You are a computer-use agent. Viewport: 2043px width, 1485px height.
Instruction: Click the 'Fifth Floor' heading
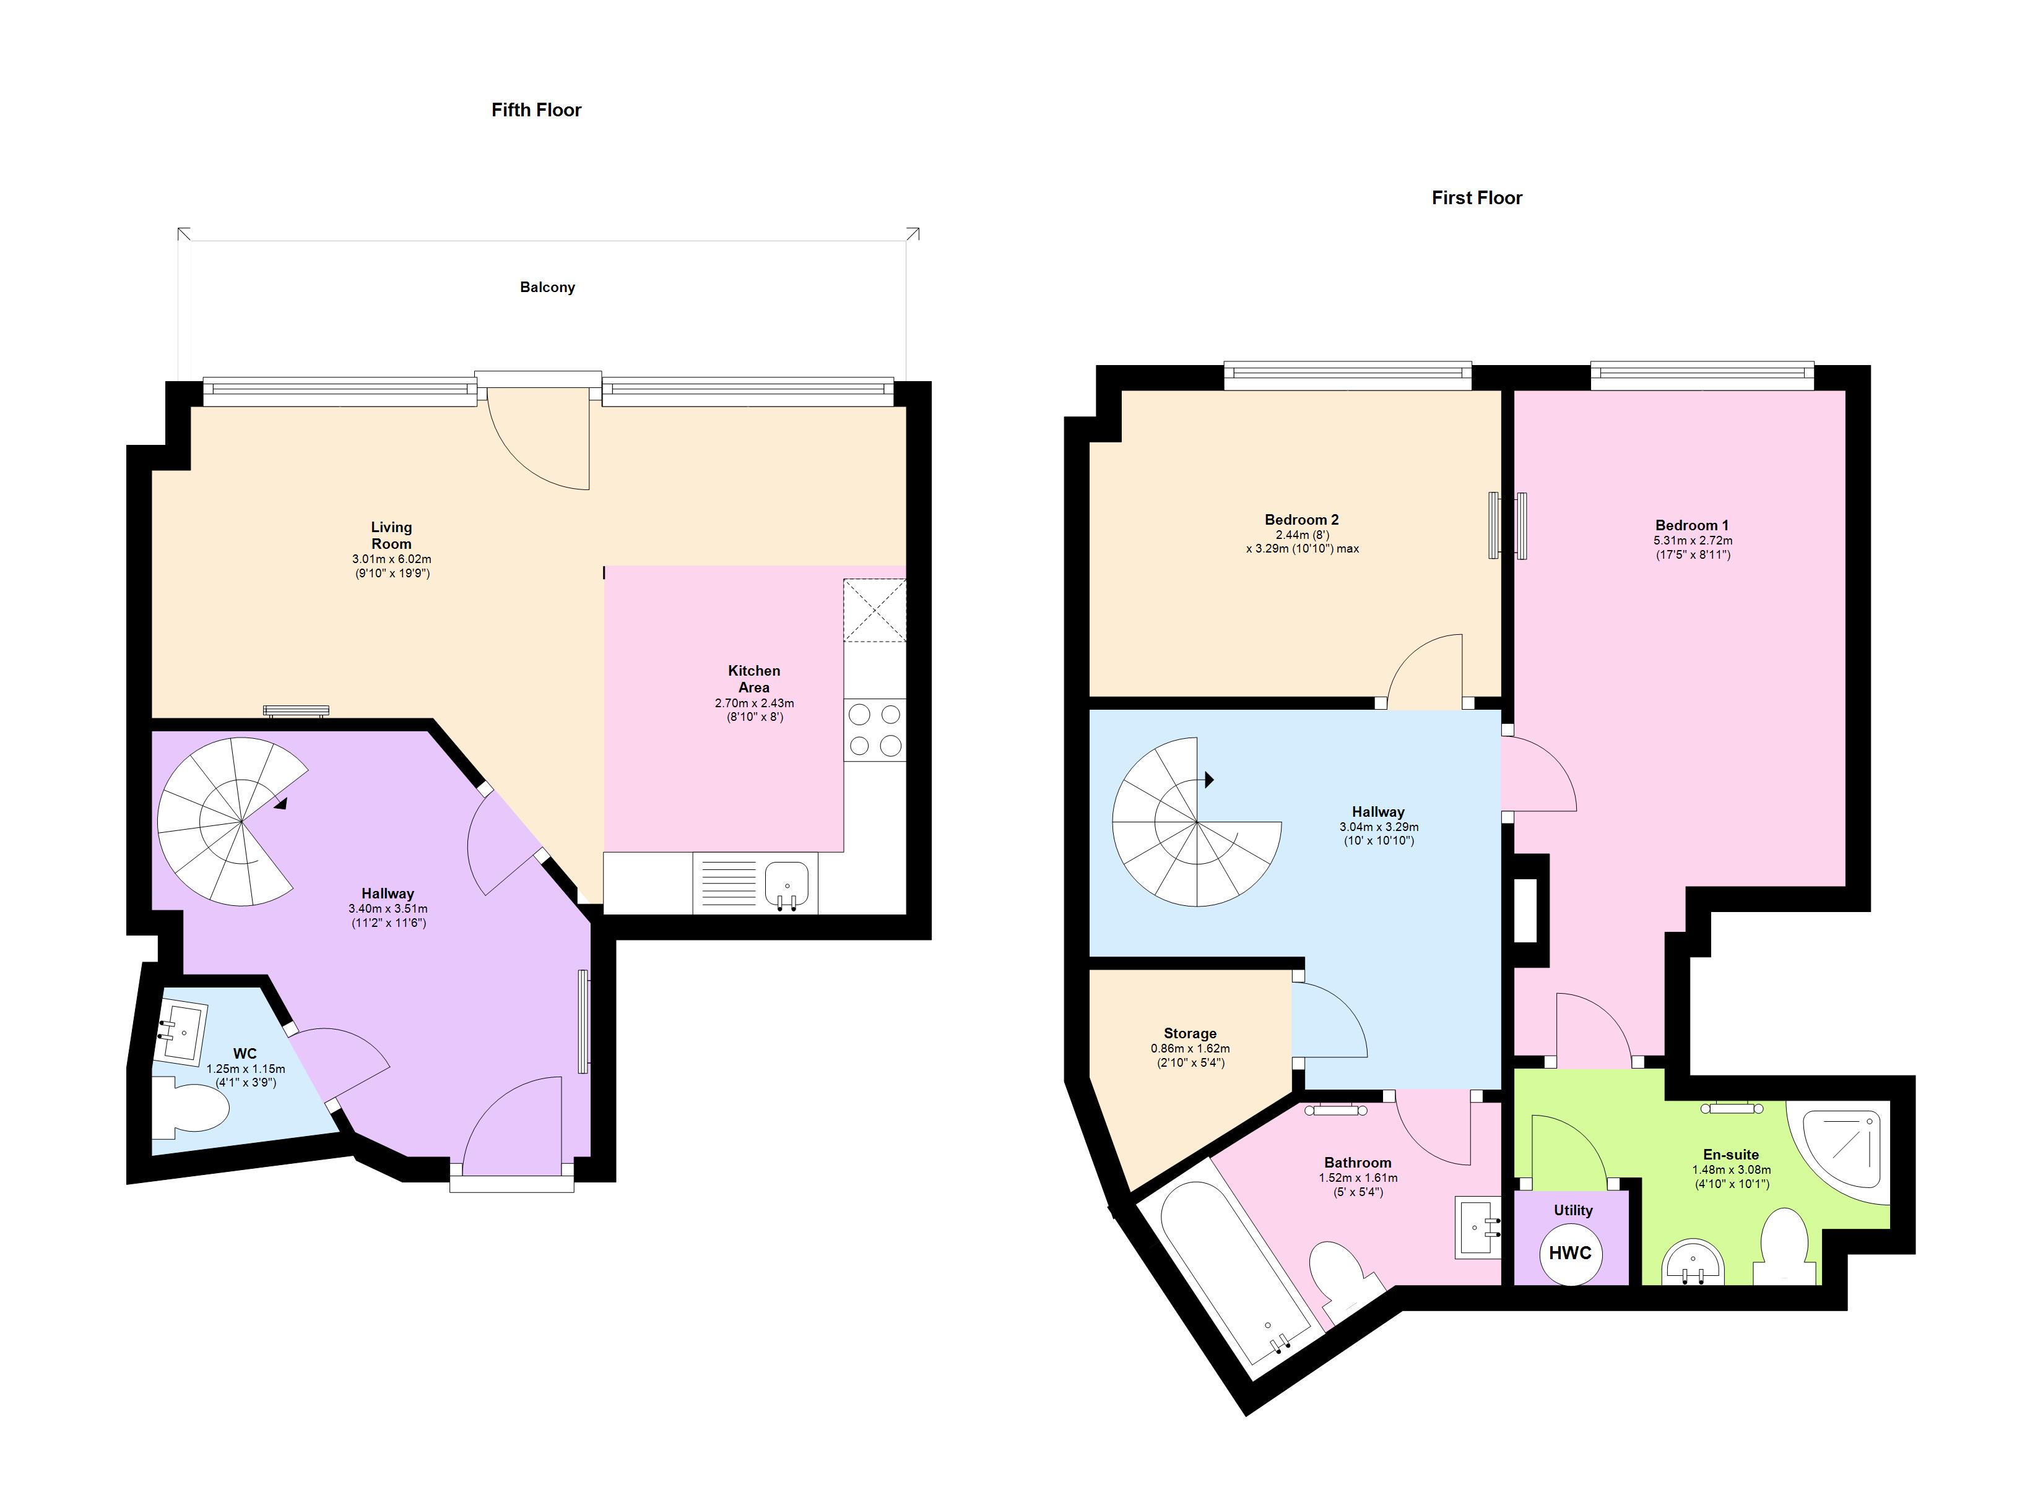point(536,110)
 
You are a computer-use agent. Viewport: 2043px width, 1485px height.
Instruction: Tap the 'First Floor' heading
point(1477,198)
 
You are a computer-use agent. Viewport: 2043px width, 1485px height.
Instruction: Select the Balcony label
point(547,287)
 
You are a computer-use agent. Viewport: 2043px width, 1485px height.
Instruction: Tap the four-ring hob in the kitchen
point(875,730)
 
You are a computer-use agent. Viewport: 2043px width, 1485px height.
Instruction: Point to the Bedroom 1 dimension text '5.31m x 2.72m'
point(1692,540)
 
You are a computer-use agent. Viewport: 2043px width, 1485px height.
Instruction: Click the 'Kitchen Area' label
point(754,678)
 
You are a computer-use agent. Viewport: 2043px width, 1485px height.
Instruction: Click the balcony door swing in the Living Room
point(540,441)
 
